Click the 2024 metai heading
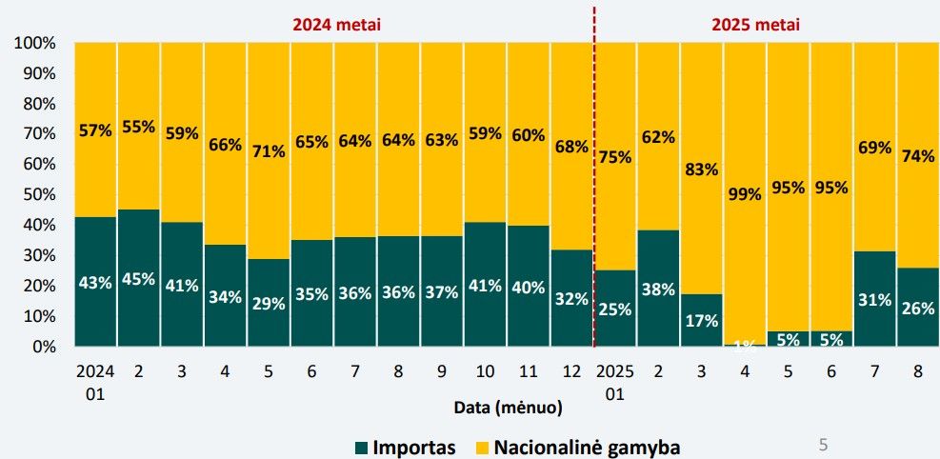click(336, 24)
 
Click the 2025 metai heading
click(756, 24)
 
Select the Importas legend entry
click(406, 447)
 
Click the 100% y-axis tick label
click(34, 44)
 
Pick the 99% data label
click(745, 194)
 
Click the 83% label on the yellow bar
click(702, 170)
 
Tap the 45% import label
click(138, 279)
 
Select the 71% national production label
click(269, 150)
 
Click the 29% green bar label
click(269, 303)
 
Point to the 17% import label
click(702, 321)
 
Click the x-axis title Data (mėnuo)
click(508, 408)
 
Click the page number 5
click(823, 443)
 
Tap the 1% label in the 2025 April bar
click(745, 344)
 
